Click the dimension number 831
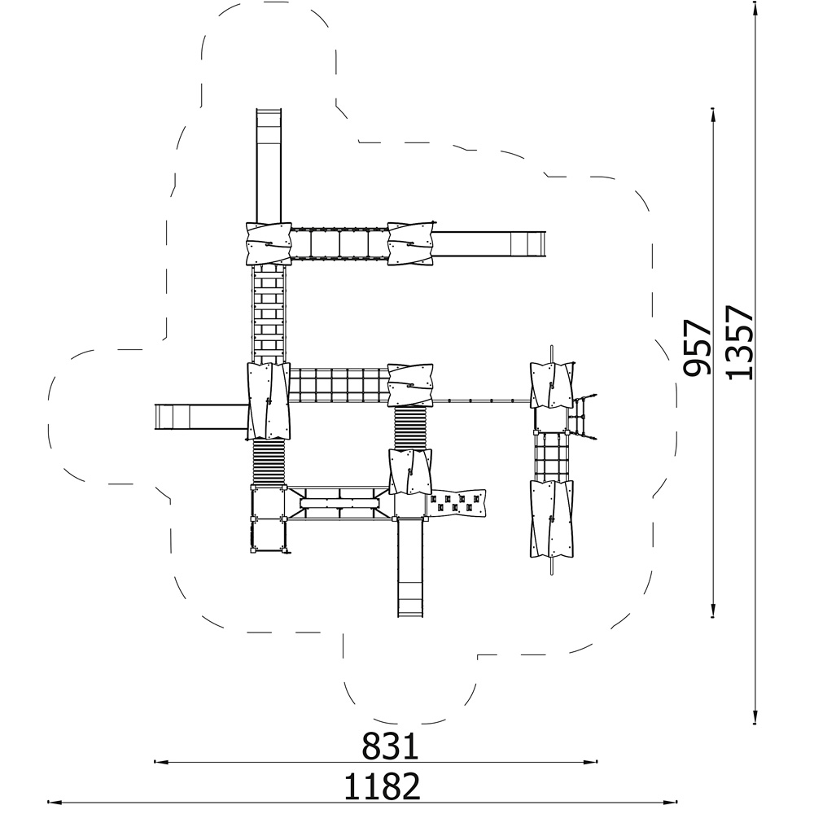click(390, 746)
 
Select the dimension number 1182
click(382, 786)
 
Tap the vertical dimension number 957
click(696, 348)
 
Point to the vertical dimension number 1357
click(738, 342)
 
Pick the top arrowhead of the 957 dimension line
click(713, 116)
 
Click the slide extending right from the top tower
click(489, 244)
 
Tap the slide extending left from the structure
click(201, 418)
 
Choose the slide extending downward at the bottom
click(411, 567)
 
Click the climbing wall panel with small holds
click(457, 503)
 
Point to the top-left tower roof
click(268, 244)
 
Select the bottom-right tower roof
click(551, 519)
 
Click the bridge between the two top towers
click(339, 243)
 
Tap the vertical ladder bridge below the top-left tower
click(269, 314)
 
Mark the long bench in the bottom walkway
click(340, 504)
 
